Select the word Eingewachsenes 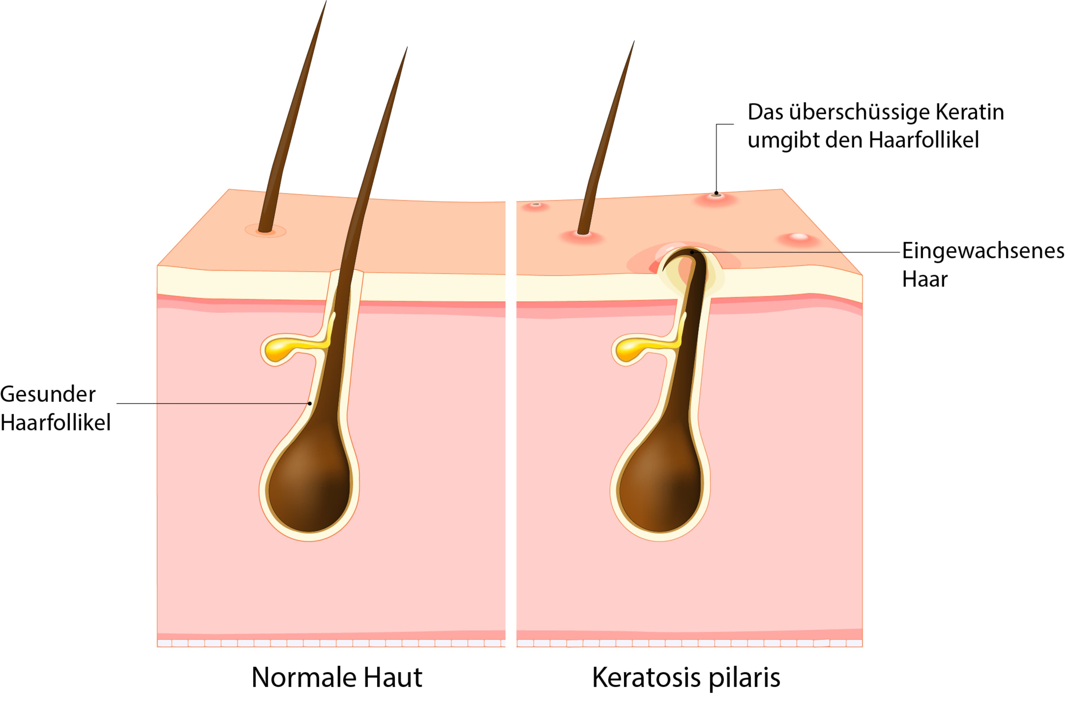click(983, 251)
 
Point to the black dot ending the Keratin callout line click(716, 193)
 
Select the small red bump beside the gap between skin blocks click(536, 206)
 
